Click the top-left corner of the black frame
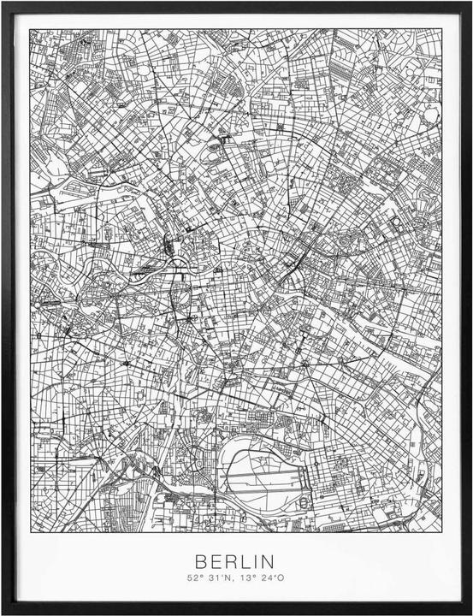(x=3, y=3)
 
